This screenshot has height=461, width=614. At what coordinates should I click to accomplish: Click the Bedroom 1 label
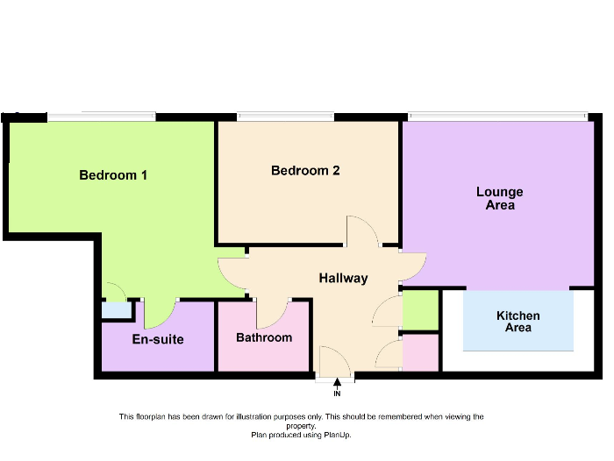[x=113, y=175]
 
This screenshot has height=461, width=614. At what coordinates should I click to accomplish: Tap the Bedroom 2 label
[x=305, y=171]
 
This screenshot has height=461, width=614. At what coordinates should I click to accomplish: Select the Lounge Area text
[x=500, y=198]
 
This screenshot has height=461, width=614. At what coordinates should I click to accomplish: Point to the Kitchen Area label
[x=518, y=322]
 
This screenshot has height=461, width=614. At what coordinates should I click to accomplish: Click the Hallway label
[x=344, y=278]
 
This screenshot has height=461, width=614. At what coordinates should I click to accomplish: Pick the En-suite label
[x=158, y=339]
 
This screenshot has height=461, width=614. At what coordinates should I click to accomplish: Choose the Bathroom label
[x=264, y=337]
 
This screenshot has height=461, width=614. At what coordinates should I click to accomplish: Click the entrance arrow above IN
[x=337, y=383]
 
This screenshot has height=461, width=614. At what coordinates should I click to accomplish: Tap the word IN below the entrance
[x=337, y=394]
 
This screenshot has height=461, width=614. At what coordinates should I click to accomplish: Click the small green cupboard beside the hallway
[x=420, y=310]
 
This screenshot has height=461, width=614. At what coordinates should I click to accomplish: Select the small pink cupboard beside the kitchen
[x=420, y=352]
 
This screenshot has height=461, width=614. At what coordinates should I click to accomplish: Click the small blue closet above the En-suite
[x=117, y=310]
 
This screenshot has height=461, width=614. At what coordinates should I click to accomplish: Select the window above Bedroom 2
[x=285, y=117]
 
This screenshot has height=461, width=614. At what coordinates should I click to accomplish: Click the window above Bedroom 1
[x=102, y=117]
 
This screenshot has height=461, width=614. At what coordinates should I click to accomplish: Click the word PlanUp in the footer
[x=337, y=435]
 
